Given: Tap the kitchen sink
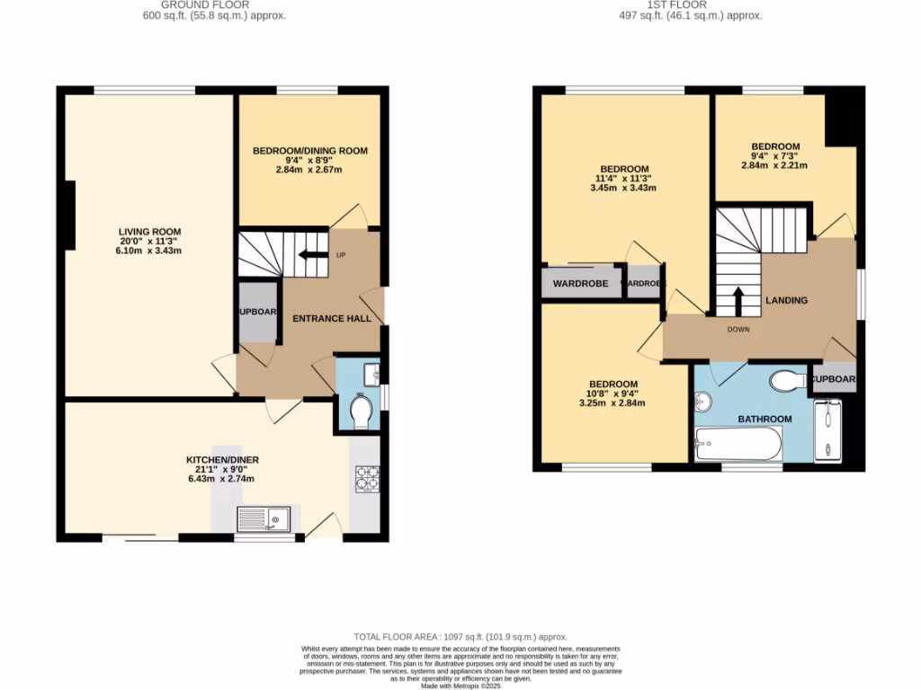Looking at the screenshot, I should (264, 518).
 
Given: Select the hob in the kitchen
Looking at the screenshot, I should (367, 479).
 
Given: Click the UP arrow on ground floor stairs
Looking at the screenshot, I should (312, 254).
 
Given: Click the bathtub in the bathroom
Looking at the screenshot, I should (738, 443).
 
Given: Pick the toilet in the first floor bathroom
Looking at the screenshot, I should (789, 381).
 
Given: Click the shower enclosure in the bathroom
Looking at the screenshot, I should (827, 433).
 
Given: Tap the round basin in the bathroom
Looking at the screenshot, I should (703, 402).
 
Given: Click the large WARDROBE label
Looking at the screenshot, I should (580, 284).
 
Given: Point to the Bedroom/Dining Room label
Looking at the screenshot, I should (309, 150).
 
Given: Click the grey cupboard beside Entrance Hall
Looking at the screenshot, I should (258, 312).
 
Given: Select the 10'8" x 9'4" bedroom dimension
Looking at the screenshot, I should (613, 394).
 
